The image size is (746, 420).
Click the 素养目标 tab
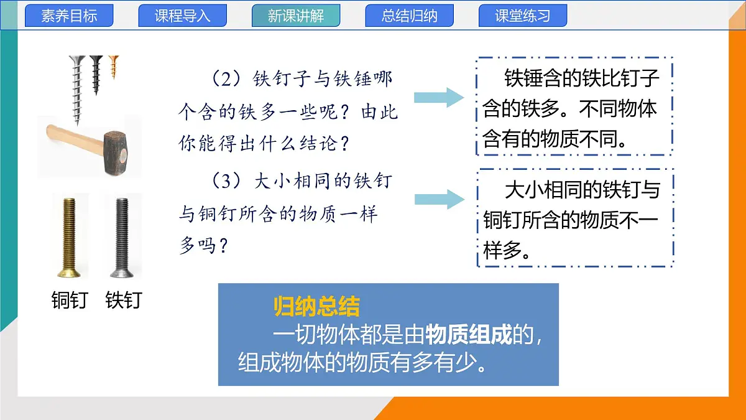pyautogui.click(x=69, y=16)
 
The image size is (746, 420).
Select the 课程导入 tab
pyautogui.click(x=182, y=16)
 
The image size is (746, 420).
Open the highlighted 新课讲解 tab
pyautogui.click(x=296, y=16)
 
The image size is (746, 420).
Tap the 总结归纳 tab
pyautogui.click(x=409, y=16)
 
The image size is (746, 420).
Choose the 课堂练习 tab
pyautogui.click(x=523, y=16)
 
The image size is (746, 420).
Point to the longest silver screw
pyautogui.click(x=76, y=87)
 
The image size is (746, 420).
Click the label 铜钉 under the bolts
pyautogui.click(x=70, y=300)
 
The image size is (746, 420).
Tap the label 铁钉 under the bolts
pyautogui.click(x=123, y=300)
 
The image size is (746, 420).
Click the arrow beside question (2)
pyautogui.click(x=440, y=96)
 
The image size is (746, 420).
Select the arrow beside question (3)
pyautogui.click(x=440, y=199)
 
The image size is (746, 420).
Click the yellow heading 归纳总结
pyautogui.click(x=317, y=306)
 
